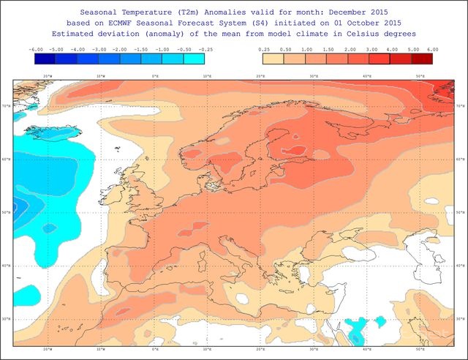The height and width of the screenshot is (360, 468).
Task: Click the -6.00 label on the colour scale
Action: click(36, 49)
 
